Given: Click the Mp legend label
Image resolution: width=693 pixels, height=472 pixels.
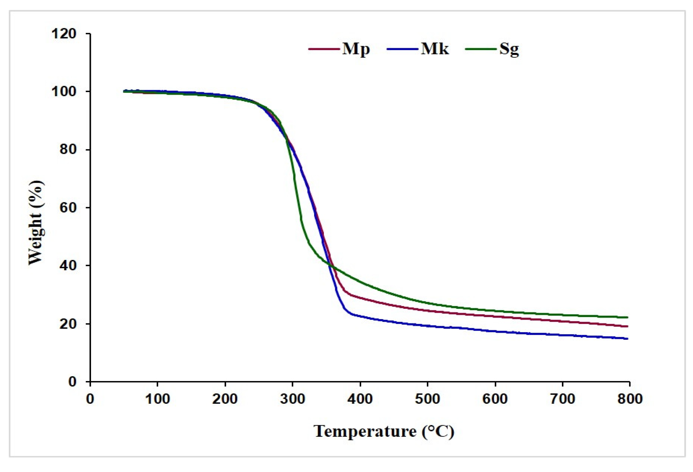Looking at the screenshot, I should coord(356,49).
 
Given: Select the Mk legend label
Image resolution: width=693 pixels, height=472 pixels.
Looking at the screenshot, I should coord(434,49).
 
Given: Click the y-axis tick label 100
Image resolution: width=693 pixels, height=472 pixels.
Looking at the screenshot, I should coord(64,91).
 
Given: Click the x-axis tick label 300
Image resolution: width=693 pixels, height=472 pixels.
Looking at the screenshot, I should coord(292,399).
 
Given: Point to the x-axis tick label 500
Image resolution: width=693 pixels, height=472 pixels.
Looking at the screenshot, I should coord(427,399).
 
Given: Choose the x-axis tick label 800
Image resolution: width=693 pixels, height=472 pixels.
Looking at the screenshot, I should coord(630,399).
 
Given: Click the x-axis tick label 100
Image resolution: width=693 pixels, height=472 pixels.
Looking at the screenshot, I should coord(157,399).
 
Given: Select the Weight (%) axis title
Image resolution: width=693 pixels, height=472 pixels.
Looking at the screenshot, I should coord(36,222).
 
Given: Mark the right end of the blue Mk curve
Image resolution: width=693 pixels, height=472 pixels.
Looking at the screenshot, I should coord(627,339).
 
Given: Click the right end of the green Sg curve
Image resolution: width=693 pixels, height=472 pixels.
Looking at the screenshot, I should coord(627,317).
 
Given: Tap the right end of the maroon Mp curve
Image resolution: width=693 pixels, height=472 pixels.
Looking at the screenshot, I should coord(627,326).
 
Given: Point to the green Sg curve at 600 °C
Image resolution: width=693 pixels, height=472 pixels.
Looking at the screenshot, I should coord(495,311).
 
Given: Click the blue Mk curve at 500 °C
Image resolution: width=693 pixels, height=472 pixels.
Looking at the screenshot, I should coord(427,326).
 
